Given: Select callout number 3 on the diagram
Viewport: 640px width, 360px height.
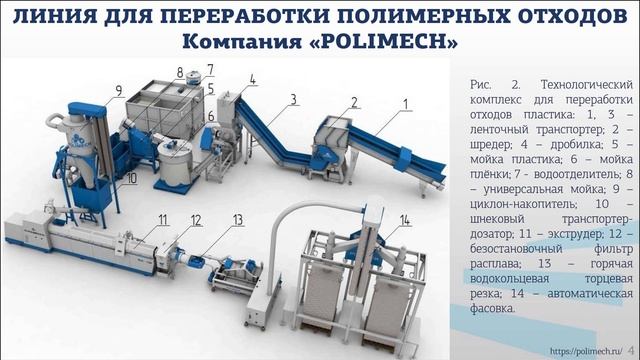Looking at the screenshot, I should (294, 98).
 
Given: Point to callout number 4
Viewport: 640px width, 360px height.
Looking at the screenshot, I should (253, 78).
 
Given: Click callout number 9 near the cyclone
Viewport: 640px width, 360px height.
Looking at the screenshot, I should (118, 90).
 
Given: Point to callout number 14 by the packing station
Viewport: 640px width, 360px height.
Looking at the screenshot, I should (404, 219).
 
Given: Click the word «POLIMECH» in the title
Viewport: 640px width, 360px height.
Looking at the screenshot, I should (395, 44).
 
